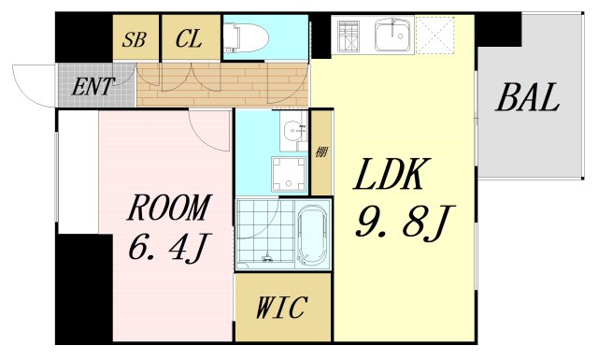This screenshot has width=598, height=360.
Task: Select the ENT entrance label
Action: click(93, 87)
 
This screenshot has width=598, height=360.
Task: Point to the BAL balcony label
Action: click(528, 96)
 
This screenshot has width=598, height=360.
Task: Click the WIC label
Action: click(282, 308)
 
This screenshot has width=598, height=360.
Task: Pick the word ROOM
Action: click(168, 208)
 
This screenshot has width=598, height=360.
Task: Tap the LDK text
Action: click(391, 177)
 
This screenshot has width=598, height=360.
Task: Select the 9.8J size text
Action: click(403, 223)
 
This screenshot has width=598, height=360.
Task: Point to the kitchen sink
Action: click(392, 36)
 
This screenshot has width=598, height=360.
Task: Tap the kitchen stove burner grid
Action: click(351, 36)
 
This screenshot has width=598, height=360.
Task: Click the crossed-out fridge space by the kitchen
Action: click(433, 36)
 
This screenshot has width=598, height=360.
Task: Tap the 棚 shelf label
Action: click(321, 151)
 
